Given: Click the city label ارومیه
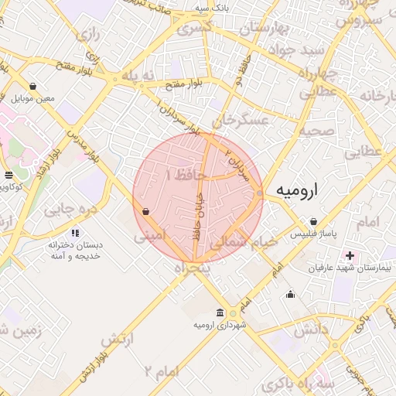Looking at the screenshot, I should [305, 190].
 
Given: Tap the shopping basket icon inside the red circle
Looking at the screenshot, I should [145, 210].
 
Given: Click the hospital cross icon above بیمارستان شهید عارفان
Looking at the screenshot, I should [350, 254].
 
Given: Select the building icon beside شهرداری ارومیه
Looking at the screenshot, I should [221, 312].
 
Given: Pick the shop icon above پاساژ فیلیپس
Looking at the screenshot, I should [312, 221].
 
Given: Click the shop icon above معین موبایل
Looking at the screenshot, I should [32, 87].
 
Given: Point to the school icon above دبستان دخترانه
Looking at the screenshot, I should [75, 232].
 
